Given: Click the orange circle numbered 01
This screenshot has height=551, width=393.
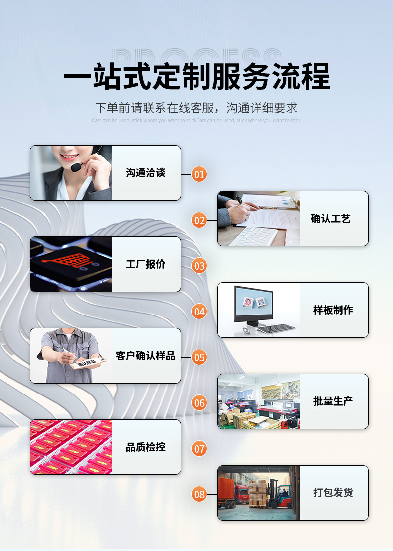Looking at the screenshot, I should [x=199, y=174].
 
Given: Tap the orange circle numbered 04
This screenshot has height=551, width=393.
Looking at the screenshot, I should [x=199, y=312].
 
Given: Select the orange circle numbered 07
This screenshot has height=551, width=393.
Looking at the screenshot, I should [x=199, y=449].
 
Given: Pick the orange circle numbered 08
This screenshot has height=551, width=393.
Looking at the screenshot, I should [x=199, y=494].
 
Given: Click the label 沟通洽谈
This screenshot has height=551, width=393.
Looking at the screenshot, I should [x=146, y=173].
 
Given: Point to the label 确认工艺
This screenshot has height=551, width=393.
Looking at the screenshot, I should [x=331, y=219].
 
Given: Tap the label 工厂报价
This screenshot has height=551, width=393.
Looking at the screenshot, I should [x=146, y=264].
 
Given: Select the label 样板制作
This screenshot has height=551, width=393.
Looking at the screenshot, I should [x=333, y=310].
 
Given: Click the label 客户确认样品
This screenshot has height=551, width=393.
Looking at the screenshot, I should [x=146, y=356].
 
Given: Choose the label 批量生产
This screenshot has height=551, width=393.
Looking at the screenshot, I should [x=333, y=401].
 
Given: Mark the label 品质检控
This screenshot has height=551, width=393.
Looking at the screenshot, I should [x=146, y=447].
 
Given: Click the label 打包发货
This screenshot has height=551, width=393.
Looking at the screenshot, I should [x=333, y=493].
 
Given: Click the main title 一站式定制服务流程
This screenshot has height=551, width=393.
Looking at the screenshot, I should [x=196, y=77].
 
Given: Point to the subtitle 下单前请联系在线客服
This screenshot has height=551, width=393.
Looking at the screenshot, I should [x=196, y=107].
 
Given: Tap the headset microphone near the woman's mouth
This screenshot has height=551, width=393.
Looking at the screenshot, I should [x=76, y=168].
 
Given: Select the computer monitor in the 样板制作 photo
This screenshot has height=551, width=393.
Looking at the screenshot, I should [x=254, y=304].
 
